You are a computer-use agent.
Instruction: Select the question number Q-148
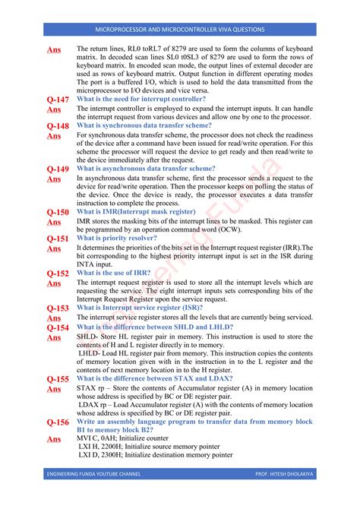(58, 126)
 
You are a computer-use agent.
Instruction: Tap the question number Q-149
(58, 169)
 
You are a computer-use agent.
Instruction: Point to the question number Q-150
(58, 213)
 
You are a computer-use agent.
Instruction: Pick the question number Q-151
(58, 239)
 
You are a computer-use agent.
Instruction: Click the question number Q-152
(58, 273)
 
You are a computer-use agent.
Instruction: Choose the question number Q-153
(58, 308)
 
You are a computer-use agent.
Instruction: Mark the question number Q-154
(58, 328)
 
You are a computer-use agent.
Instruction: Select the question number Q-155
(58, 379)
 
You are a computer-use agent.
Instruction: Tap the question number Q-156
(58, 422)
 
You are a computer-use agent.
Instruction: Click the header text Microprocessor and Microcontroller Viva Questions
(179, 30)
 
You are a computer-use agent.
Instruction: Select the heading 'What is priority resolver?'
(117, 238)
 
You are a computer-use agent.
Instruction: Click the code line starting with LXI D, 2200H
(155, 455)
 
